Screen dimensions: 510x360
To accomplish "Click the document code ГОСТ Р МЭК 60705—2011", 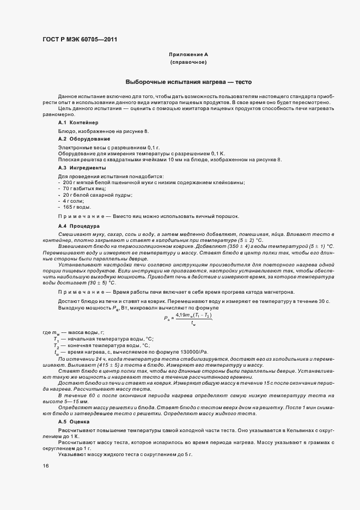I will coord(79,39).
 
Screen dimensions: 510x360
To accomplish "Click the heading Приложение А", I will coord(188,55).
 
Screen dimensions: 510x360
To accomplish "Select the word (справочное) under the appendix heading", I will coord(188,63).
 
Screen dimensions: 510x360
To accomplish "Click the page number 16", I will coord(45,466).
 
